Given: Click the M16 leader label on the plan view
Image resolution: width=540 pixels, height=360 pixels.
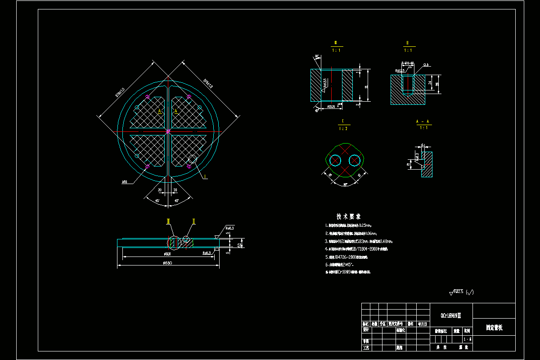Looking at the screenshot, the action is click(x=125, y=182).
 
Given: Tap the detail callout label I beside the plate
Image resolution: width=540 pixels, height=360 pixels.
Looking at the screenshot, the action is click(x=206, y=177).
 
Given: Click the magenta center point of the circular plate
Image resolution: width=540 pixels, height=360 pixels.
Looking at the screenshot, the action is click(x=168, y=131).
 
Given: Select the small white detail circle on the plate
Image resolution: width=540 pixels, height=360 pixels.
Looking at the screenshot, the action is click(x=193, y=159).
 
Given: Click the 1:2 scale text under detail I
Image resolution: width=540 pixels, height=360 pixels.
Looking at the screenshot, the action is click(x=343, y=128).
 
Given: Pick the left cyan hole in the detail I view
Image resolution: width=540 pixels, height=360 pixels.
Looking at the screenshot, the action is click(x=335, y=160).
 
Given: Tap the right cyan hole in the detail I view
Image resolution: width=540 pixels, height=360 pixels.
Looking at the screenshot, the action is click(x=354, y=160).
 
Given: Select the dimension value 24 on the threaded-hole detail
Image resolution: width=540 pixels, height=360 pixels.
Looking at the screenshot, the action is click(x=430, y=83).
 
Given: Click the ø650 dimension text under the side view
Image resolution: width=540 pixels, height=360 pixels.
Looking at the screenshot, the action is click(x=167, y=263).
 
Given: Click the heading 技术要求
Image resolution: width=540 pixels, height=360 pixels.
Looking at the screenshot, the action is click(x=348, y=216).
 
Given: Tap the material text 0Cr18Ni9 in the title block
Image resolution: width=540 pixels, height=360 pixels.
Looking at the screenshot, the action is click(x=450, y=316).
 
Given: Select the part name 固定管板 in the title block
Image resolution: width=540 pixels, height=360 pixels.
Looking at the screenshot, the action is click(x=494, y=328).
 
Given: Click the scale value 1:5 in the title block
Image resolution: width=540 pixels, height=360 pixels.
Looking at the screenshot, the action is click(x=467, y=339).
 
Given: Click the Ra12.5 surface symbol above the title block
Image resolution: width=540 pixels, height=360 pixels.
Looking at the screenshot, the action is click(x=461, y=292).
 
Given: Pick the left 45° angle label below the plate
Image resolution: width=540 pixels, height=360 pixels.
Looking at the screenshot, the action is click(x=157, y=200).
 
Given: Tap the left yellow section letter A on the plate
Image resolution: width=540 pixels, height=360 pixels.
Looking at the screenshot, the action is click(x=159, y=110).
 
